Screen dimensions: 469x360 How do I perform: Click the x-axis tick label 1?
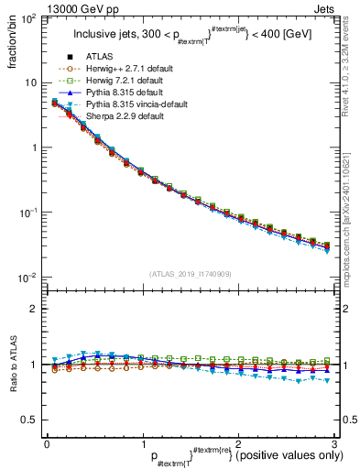click(143, 442)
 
